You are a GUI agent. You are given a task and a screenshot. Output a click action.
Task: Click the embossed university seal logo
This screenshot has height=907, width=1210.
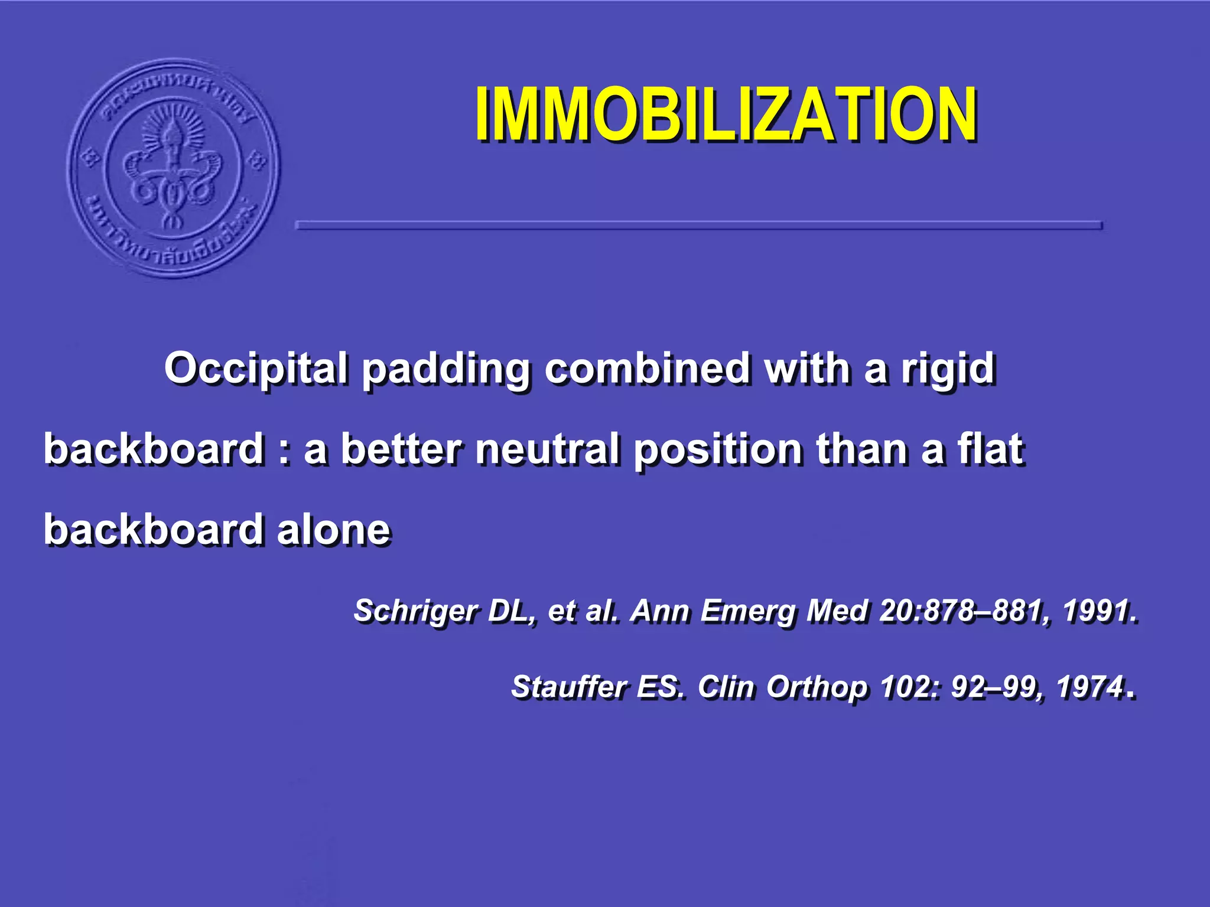[x=173, y=168]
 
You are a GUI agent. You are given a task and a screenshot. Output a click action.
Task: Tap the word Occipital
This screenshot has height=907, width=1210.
[x=255, y=368]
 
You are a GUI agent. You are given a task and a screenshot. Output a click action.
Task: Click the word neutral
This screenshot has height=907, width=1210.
[x=548, y=449]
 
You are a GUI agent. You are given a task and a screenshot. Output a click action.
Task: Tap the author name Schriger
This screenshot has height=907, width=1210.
[x=416, y=611]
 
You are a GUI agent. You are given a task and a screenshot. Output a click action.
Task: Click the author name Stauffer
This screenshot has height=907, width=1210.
[x=568, y=686]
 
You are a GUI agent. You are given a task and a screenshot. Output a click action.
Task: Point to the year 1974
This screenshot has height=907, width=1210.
[x=1089, y=686]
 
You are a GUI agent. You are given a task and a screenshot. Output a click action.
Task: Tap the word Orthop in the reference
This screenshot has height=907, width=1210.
[x=818, y=687]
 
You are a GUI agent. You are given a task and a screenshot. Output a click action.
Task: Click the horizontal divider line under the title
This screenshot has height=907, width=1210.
[x=698, y=225]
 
